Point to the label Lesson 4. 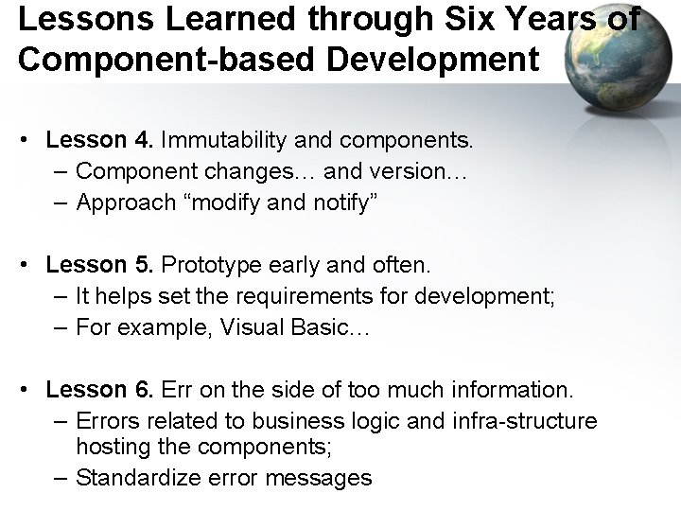99,141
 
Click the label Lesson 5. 99,266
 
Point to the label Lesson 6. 99,389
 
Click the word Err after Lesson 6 178,389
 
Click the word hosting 112,447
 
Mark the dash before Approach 61,202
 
